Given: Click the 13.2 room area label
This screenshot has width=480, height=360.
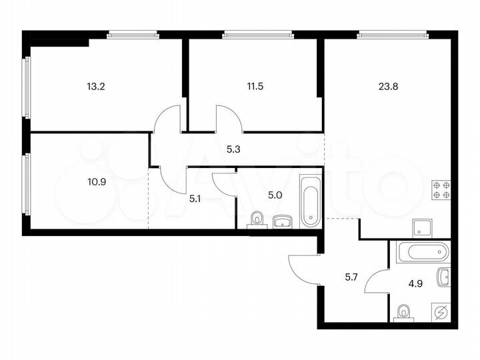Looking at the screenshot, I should (95, 85).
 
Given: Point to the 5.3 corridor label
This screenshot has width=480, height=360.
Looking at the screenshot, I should (233, 149).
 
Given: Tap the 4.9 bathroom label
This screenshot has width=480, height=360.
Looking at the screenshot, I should (415, 281).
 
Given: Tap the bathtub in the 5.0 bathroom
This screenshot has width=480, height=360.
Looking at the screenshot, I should (310, 200).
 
